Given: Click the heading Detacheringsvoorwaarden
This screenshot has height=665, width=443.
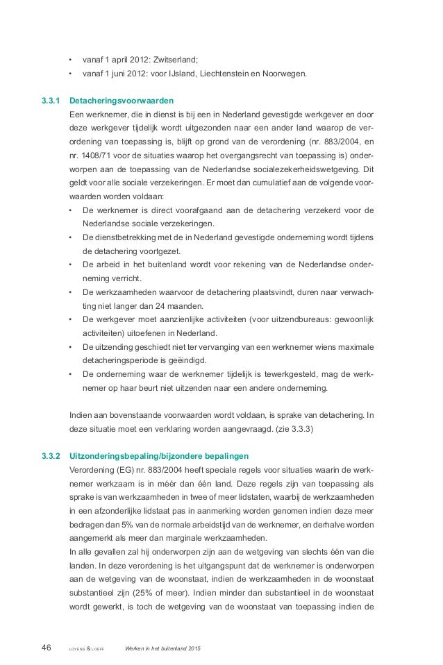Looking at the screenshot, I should tap(124, 99).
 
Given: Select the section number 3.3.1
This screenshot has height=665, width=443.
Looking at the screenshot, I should tap(51, 99).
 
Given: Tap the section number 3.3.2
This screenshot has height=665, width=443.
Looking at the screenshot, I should tap(51, 456).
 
